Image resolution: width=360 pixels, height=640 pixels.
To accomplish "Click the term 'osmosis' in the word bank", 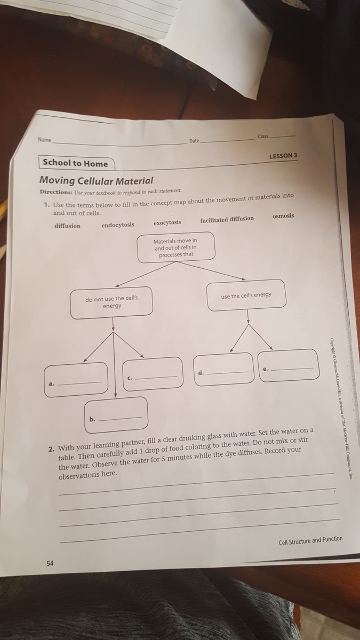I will click(283, 216).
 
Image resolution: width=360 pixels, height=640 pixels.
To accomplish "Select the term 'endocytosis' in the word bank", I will click(118, 225).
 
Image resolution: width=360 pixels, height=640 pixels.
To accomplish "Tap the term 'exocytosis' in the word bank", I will click(167, 222).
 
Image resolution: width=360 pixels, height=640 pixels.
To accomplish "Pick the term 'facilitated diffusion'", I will click(227, 219).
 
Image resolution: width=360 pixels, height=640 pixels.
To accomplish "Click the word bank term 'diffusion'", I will click(68, 226).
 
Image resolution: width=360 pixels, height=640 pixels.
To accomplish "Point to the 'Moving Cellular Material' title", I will click(97, 181).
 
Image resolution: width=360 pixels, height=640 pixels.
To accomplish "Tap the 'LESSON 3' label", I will click(283, 156).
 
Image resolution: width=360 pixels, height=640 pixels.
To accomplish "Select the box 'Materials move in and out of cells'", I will click(176, 247).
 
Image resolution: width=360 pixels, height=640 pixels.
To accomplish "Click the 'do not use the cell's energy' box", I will click(111, 302).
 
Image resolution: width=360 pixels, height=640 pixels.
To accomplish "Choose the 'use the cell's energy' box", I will click(246, 295).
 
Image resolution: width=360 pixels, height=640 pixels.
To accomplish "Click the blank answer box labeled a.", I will click(76, 379).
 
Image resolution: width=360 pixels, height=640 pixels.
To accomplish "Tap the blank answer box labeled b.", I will click(116, 414).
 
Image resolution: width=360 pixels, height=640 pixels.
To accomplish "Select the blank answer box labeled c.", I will click(153, 374).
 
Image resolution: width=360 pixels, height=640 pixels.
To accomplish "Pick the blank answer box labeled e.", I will click(289, 365).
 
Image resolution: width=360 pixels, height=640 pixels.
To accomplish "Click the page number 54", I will click(50, 564).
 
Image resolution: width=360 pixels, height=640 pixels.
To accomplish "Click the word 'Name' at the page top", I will click(44, 140).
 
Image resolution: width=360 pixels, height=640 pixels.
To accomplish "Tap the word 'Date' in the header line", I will click(194, 141).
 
